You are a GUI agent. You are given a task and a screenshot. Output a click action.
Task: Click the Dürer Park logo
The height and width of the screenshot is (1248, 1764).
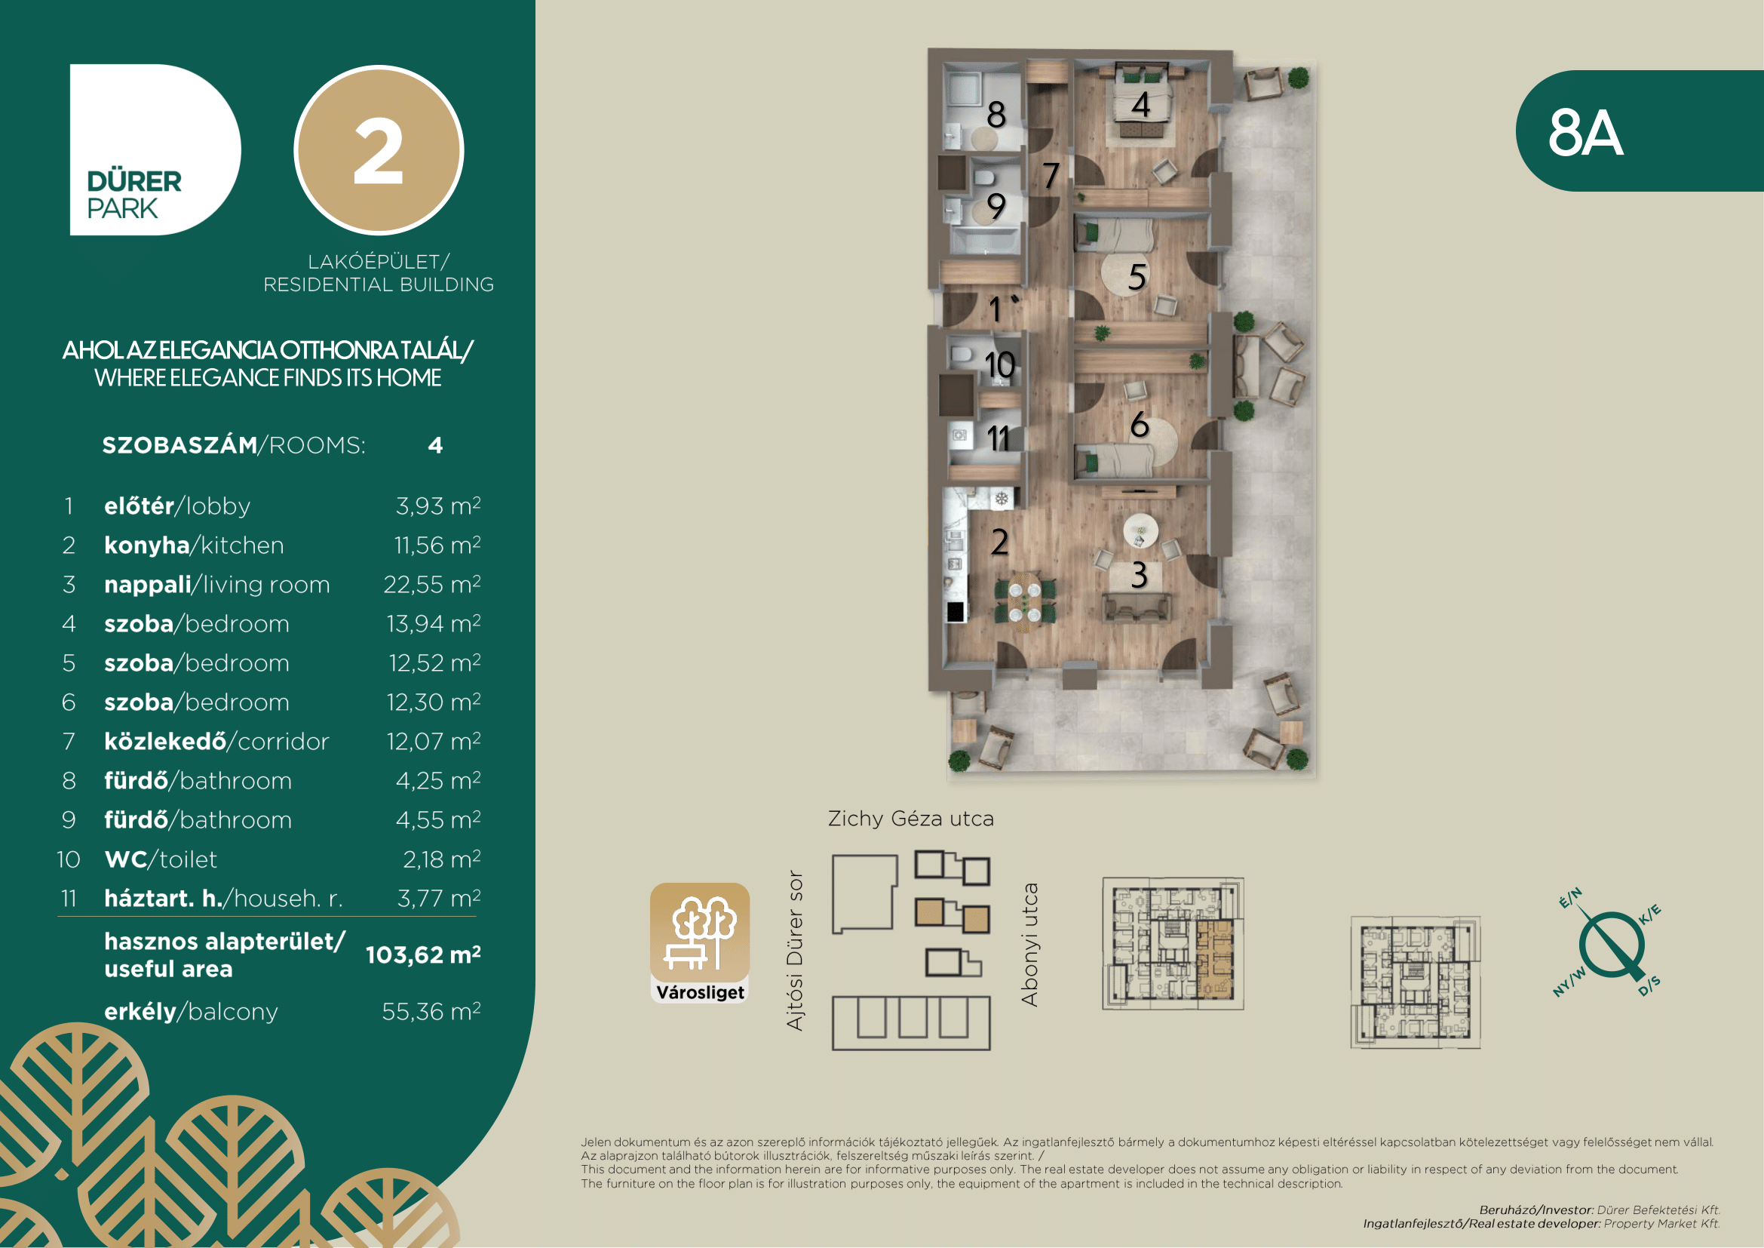(x=155, y=150)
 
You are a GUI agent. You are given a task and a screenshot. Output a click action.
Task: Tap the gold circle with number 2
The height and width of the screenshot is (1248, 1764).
(x=379, y=151)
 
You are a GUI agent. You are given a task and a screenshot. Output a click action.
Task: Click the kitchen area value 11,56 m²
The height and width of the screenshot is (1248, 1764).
(x=437, y=545)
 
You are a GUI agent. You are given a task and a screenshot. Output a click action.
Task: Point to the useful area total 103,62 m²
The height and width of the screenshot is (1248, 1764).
(x=423, y=954)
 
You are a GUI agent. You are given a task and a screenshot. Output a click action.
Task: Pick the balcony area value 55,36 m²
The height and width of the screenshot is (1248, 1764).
(x=431, y=1011)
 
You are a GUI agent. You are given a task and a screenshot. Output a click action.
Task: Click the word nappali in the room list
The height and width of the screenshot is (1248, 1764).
(x=148, y=586)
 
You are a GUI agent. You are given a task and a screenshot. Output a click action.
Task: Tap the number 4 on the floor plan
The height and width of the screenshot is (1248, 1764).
(x=1141, y=105)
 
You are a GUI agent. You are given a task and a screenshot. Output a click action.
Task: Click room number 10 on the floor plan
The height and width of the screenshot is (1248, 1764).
(x=999, y=365)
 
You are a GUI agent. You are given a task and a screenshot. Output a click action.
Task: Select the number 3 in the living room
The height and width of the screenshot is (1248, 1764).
(x=1140, y=575)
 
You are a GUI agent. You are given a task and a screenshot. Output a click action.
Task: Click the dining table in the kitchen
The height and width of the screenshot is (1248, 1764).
(x=1025, y=601)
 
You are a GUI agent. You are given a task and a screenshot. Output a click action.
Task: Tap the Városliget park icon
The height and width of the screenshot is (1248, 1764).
(x=700, y=943)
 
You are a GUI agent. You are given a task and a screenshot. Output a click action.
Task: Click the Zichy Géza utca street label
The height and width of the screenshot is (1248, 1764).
(x=911, y=819)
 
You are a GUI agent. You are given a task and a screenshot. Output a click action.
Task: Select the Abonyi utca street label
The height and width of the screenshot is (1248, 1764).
(x=1029, y=945)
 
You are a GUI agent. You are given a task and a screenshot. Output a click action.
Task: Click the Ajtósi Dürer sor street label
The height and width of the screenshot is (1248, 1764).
(x=795, y=951)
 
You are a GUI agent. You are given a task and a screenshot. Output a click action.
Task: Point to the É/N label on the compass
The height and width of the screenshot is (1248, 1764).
(x=1570, y=898)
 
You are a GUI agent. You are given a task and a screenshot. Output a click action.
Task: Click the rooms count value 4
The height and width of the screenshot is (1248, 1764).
(x=436, y=446)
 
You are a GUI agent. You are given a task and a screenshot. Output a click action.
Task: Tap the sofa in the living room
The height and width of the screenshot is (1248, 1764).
(x=1137, y=607)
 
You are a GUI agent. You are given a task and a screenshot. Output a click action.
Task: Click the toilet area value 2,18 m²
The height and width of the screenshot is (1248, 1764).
(x=442, y=859)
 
